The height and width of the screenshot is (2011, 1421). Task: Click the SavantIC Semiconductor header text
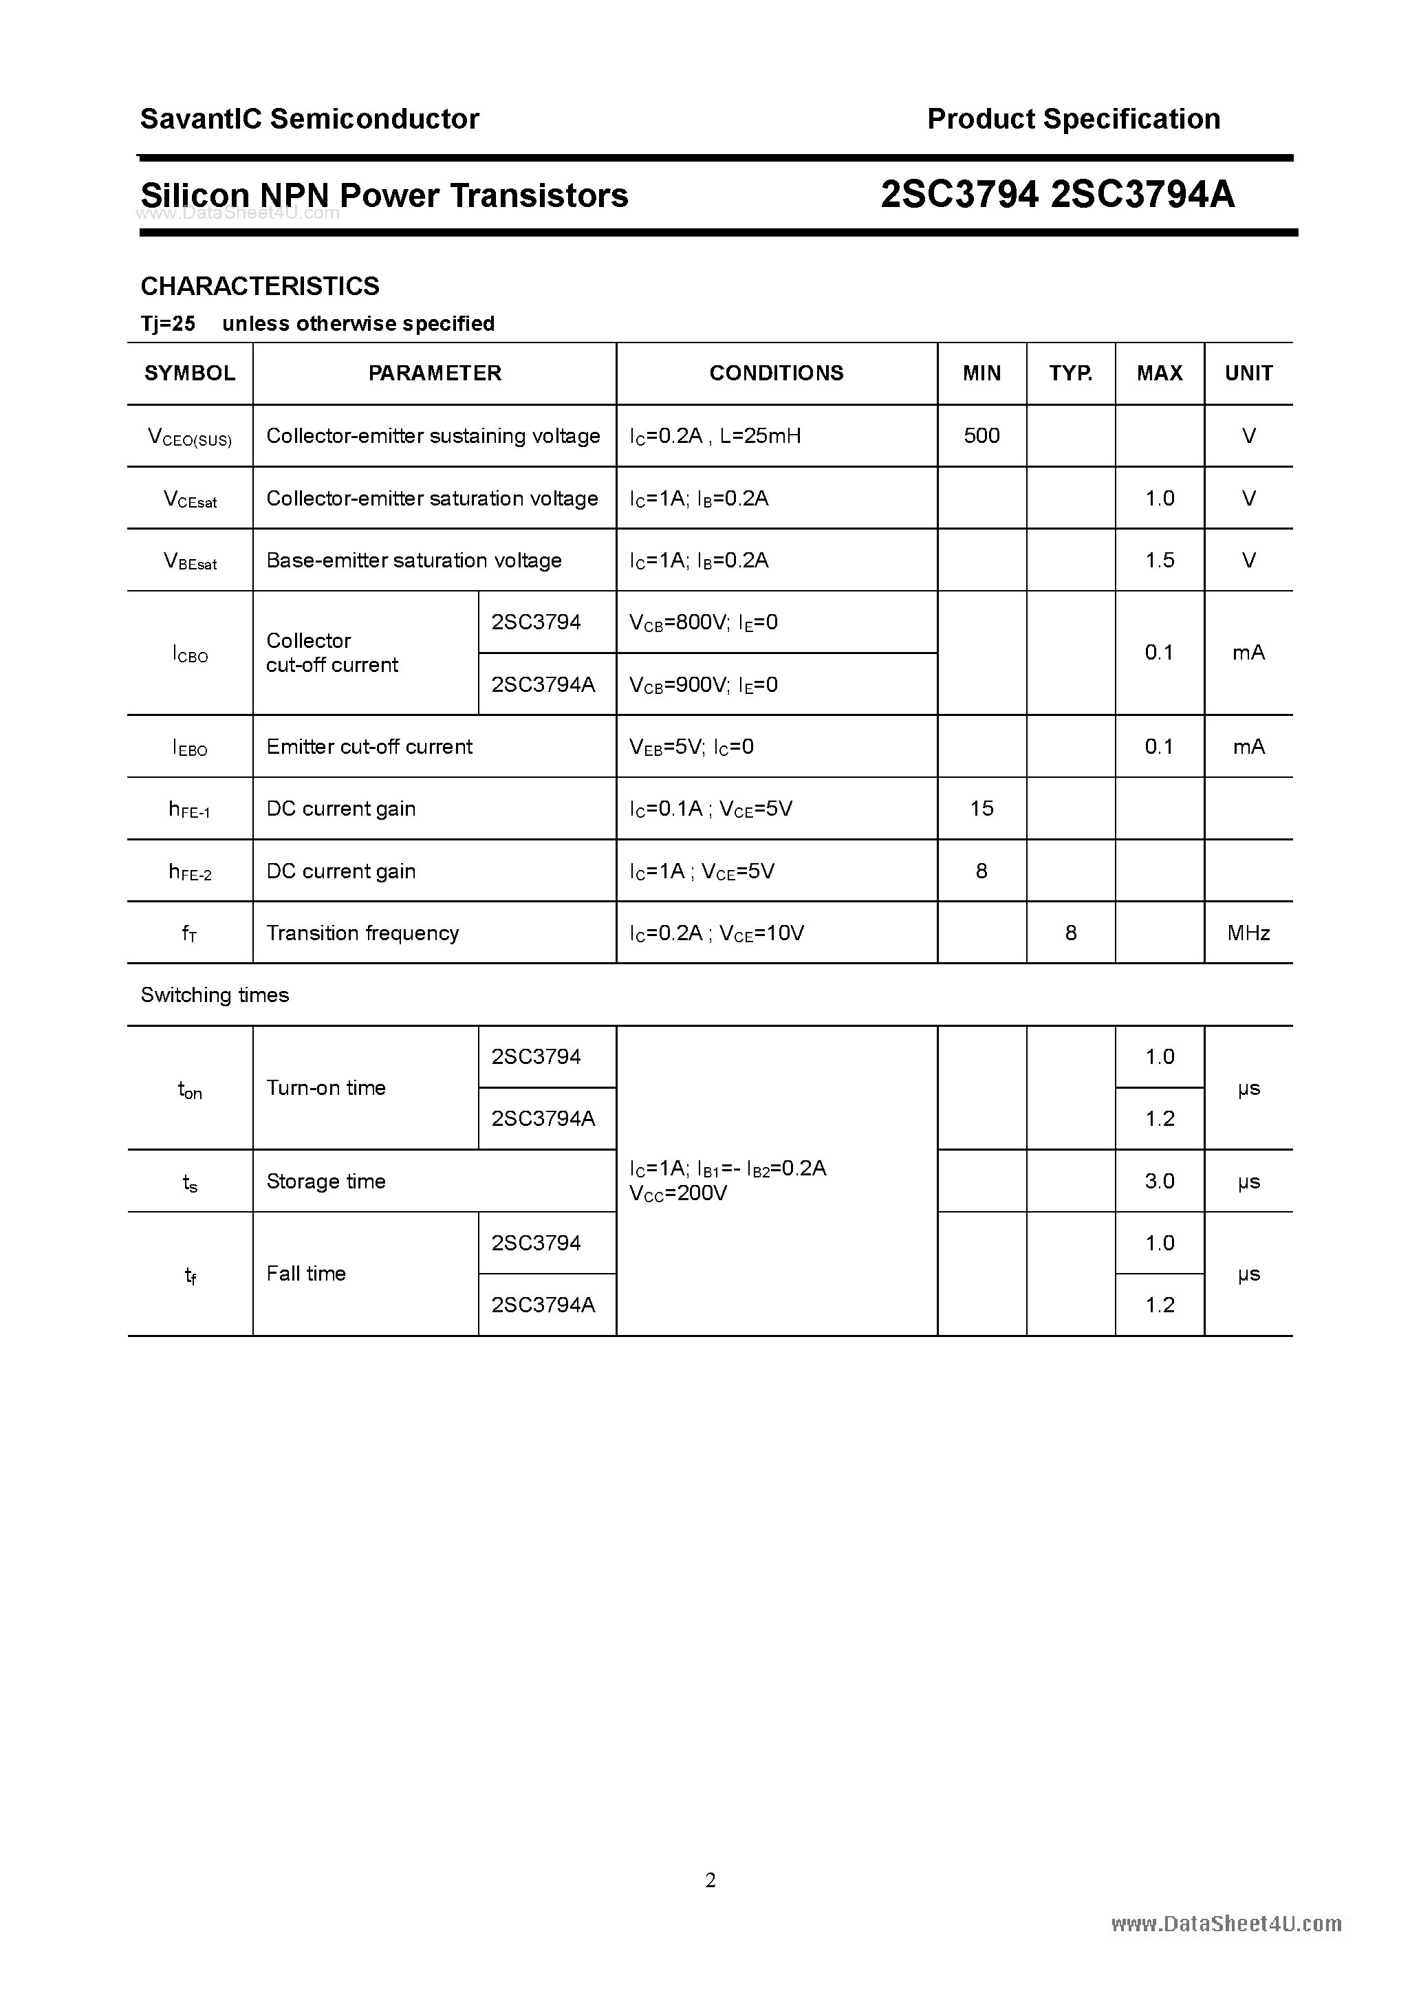pyautogui.click(x=310, y=119)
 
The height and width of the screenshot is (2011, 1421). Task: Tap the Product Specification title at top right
pyautogui.click(x=1073, y=119)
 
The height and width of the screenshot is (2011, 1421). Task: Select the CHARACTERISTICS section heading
pyautogui.click(x=260, y=286)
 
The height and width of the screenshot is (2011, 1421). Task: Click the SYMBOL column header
pyautogui.click(x=189, y=373)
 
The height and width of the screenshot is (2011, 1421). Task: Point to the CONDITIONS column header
pyautogui.click(x=777, y=373)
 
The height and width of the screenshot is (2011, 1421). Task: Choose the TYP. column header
pyautogui.click(x=1071, y=373)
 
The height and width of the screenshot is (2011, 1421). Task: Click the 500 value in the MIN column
pyautogui.click(x=981, y=435)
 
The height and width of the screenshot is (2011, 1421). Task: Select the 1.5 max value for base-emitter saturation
pyautogui.click(x=1159, y=561)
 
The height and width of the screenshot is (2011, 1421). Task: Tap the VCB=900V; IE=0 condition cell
pyautogui.click(x=704, y=685)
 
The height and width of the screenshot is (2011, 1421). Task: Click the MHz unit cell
pyautogui.click(x=1248, y=934)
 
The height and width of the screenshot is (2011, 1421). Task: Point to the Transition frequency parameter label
pyautogui.click(x=362, y=934)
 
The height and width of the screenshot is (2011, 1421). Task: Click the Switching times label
pyautogui.click(x=215, y=995)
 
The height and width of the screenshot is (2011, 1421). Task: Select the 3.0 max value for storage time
pyautogui.click(x=1159, y=1182)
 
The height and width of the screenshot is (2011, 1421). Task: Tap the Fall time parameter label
pyautogui.click(x=306, y=1274)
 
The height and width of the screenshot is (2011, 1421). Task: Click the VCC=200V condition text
pyautogui.click(x=678, y=1194)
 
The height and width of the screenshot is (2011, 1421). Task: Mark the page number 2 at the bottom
pyautogui.click(x=710, y=1880)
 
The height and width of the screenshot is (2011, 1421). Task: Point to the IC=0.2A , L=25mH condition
pyautogui.click(x=715, y=436)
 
